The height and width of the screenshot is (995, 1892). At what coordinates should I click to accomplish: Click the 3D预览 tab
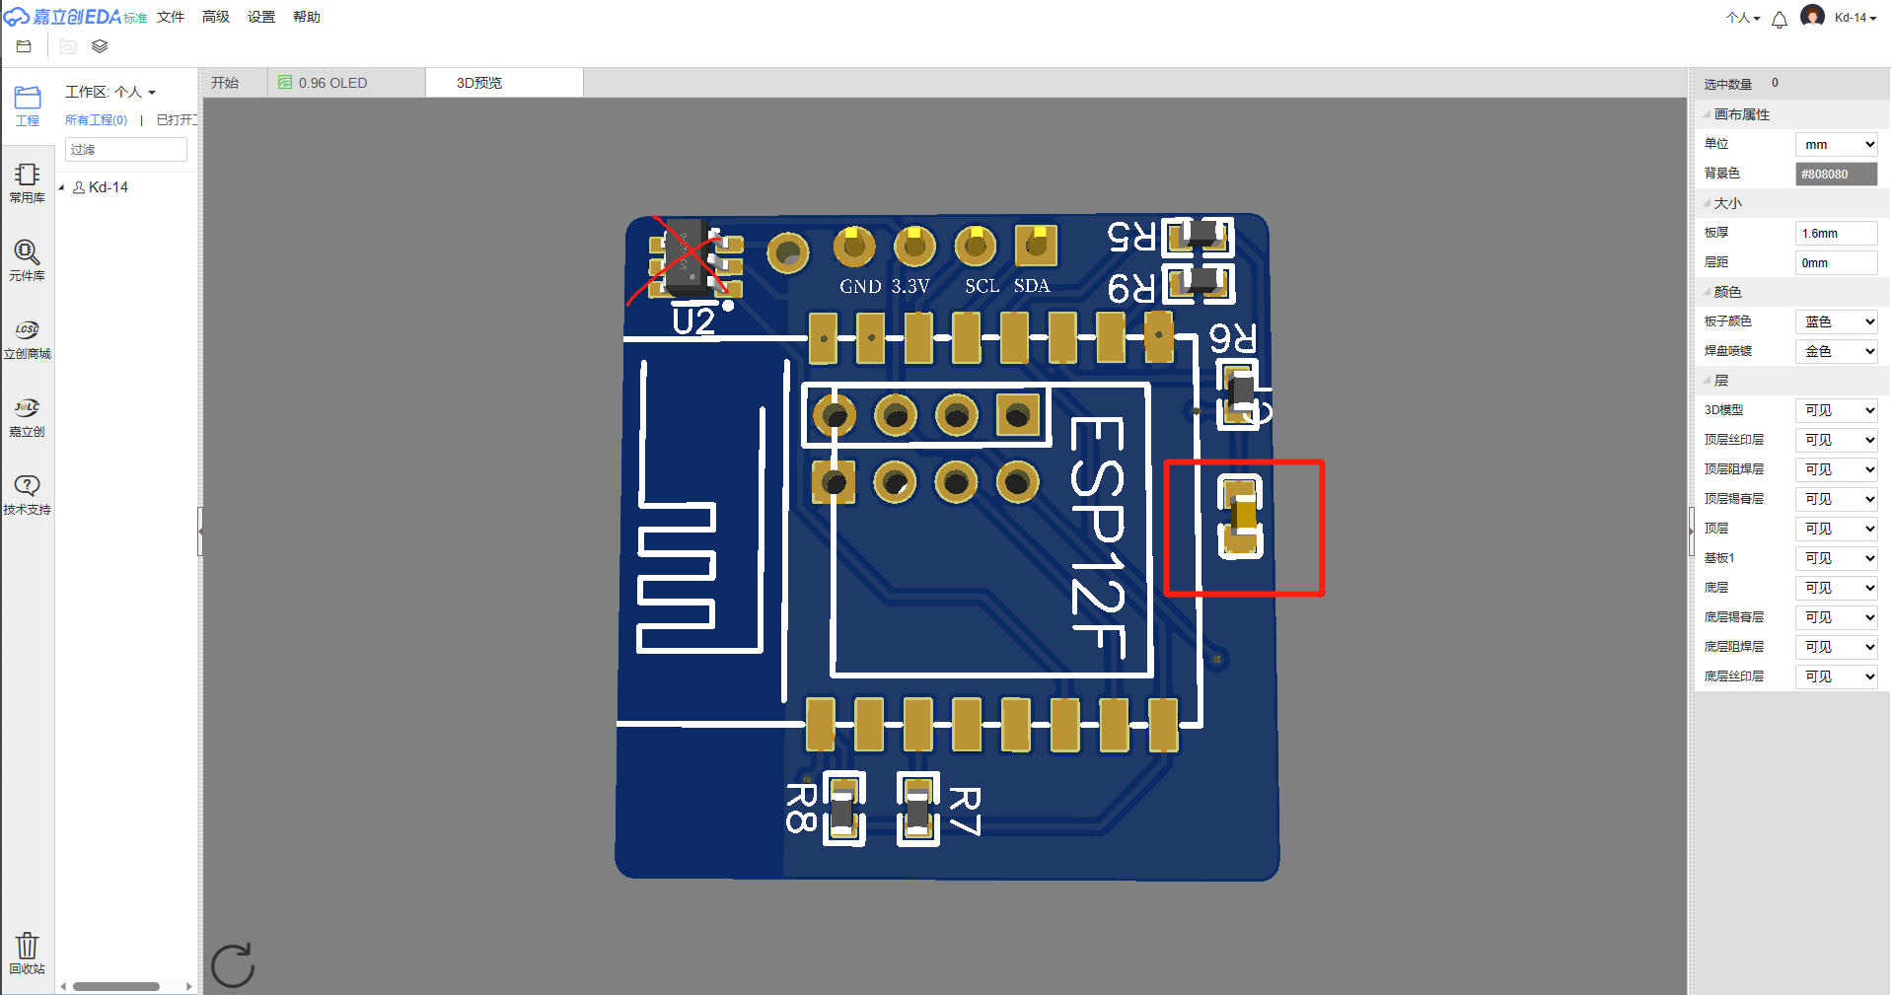479,83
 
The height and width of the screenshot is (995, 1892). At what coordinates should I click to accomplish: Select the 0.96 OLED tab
331,83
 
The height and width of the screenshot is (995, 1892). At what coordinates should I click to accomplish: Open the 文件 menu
171,17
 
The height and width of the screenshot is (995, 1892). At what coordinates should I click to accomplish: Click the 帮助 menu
307,17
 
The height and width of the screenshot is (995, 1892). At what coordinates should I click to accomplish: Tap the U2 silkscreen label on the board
692,321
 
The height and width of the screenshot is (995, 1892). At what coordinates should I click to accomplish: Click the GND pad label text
860,287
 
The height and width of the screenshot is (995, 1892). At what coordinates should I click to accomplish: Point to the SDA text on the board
1032,286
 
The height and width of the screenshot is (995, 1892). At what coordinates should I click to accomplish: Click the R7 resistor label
965,811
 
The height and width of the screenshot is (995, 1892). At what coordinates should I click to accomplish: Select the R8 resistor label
801,808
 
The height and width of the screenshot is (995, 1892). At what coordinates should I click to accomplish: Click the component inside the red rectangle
1242,516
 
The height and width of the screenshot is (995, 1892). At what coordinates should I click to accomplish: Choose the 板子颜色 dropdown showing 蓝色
1836,321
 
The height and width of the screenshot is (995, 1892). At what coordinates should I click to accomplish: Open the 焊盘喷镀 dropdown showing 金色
1836,351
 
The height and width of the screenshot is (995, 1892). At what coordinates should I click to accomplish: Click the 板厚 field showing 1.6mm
1836,233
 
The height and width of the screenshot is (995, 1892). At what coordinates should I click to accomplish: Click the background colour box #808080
1836,174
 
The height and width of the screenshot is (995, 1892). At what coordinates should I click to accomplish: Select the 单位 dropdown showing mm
1836,144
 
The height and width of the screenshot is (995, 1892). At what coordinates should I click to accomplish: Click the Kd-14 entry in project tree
108,187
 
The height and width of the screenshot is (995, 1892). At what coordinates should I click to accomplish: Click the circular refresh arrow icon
234,964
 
